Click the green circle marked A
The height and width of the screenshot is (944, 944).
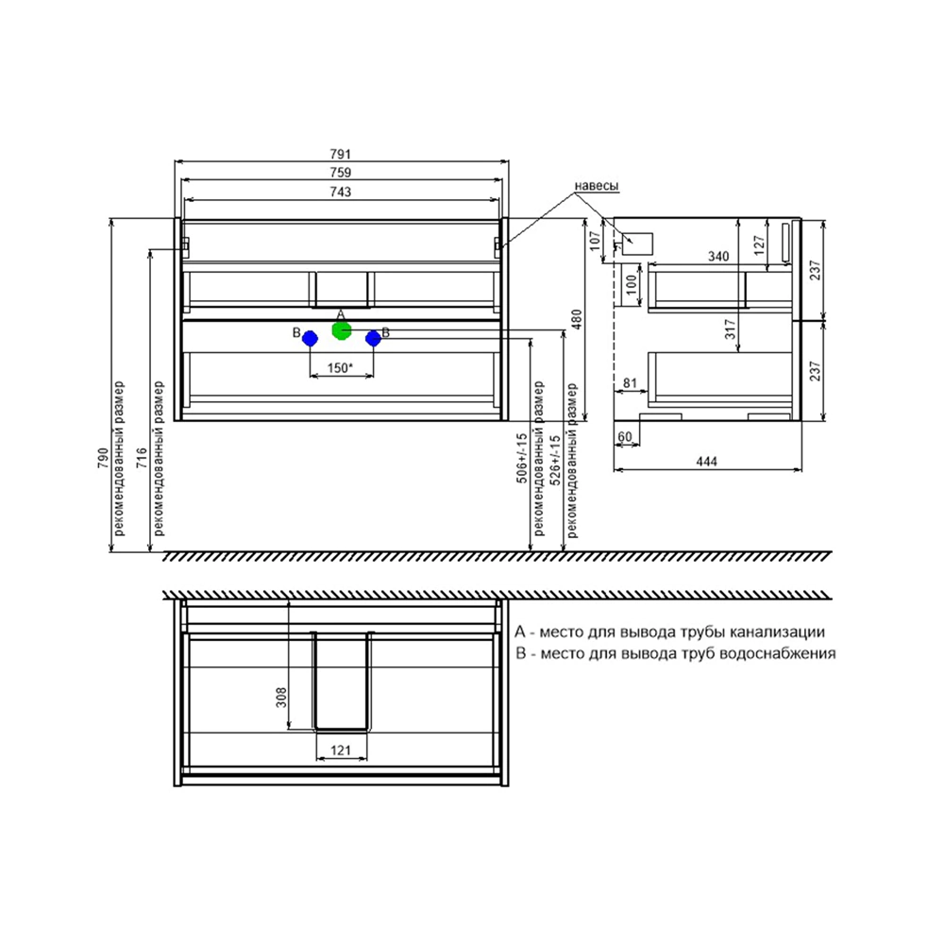click(x=342, y=330)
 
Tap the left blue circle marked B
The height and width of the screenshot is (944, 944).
click(x=310, y=339)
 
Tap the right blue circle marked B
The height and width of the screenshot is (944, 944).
click(x=373, y=339)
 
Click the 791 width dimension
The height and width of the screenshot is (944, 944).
click(x=340, y=154)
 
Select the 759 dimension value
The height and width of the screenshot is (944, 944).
click(x=340, y=172)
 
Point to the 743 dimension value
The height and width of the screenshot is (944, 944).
click(x=340, y=192)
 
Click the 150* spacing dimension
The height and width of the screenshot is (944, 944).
click(x=340, y=367)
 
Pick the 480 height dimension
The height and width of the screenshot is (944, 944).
click(x=576, y=320)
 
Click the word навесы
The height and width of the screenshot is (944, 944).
click(x=596, y=186)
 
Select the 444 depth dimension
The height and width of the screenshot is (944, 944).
click(x=707, y=462)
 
